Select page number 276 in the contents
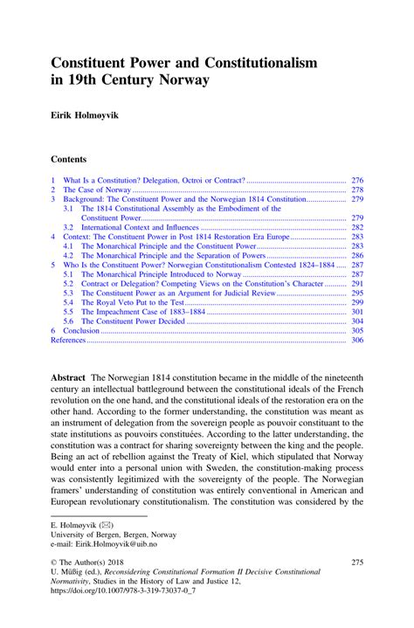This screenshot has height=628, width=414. (356, 178)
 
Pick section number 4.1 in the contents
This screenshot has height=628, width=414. (68, 246)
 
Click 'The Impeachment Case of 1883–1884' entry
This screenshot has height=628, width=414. (144, 311)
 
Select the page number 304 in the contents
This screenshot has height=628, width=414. (356, 321)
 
